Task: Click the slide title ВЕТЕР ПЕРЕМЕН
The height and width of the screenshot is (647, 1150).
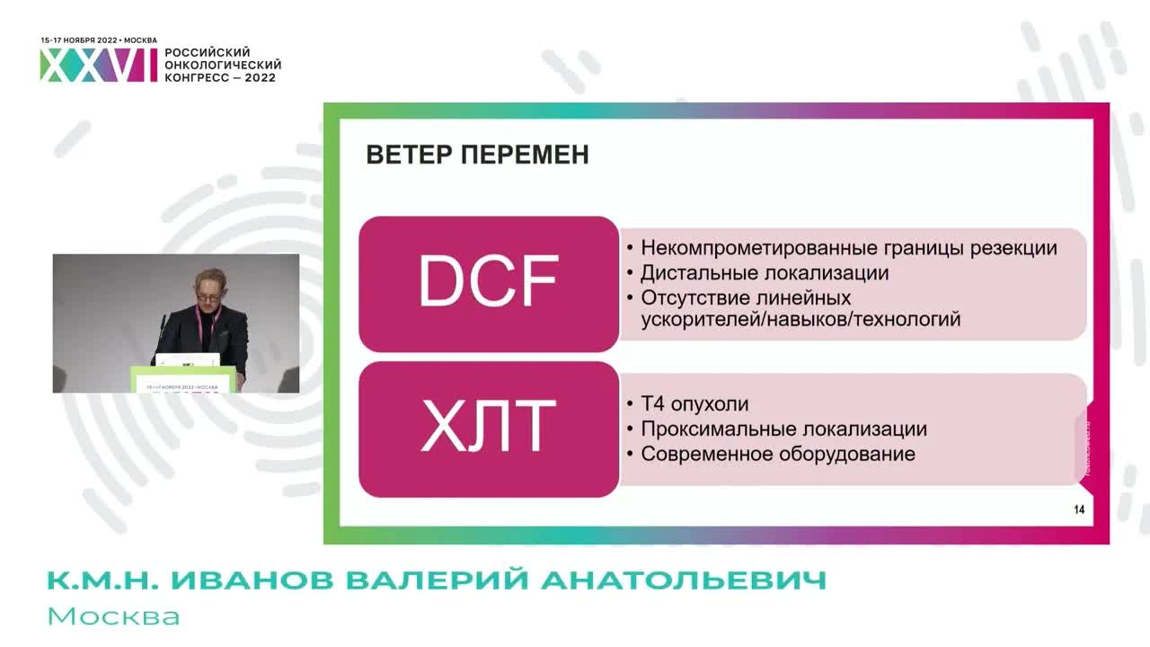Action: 477,155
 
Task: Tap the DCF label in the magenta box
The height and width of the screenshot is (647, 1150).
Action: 488,282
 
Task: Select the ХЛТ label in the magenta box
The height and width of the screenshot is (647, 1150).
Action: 488,429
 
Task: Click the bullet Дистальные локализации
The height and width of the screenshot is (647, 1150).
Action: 764,273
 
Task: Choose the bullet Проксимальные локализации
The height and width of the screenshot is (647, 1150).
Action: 783,430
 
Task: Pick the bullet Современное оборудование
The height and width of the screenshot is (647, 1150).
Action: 777,454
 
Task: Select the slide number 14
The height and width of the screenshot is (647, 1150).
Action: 1079,510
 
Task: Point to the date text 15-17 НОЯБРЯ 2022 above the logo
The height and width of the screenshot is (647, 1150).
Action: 79,40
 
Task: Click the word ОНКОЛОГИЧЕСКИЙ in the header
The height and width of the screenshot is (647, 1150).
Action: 223,65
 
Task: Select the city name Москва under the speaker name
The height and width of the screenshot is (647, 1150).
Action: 113,616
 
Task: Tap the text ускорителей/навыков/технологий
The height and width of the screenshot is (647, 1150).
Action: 800,319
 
